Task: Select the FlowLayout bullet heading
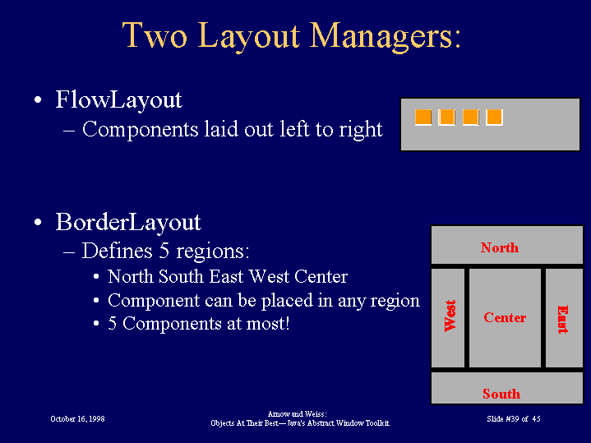click(118, 100)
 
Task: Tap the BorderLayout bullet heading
click(128, 222)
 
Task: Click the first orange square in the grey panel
click(422, 118)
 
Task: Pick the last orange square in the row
click(494, 118)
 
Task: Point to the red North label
click(500, 247)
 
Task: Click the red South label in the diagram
click(501, 394)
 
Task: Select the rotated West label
click(450, 316)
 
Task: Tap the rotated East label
click(563, 320)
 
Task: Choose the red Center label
click(505, 317)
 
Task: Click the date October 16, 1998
click(77, 419)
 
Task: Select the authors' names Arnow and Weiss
click(296, 414)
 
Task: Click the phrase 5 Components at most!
click(199, 324)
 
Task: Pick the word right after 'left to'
click(361, 130)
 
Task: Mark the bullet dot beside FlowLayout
click(38, 100)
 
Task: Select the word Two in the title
click(155, 35)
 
